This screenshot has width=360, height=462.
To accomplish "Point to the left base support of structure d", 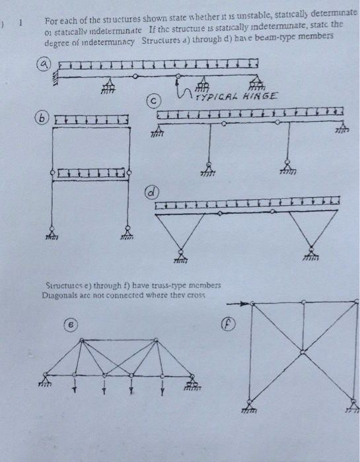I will tap(180, 251).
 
